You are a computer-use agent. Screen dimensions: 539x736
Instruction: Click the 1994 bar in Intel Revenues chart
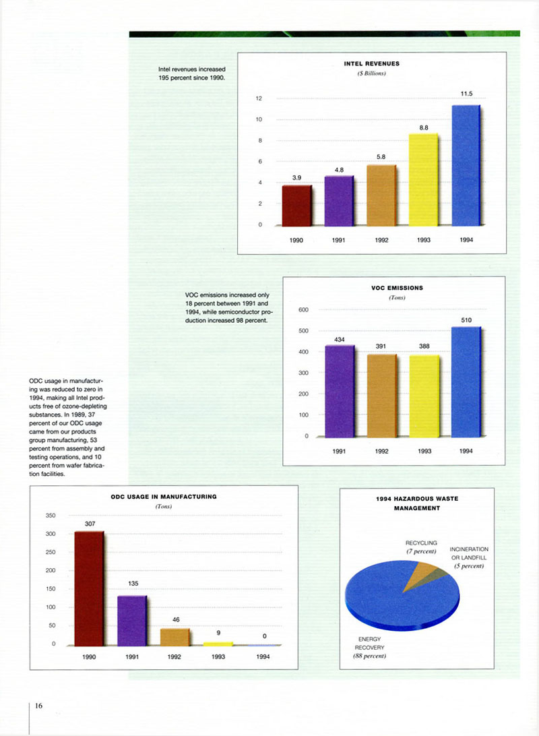tap(466, 165)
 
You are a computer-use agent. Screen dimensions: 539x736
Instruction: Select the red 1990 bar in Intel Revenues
tap(297, 206)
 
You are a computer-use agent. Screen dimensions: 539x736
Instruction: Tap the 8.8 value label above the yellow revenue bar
tap(424, 127)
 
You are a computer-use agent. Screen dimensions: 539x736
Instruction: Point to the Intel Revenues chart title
tap(371, 63)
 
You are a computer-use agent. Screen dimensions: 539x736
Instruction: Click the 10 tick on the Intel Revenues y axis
tap(259, 119)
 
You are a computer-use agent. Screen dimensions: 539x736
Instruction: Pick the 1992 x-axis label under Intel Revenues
tap(381, 240)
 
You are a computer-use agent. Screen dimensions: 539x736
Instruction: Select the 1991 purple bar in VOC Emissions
tap(340, 391)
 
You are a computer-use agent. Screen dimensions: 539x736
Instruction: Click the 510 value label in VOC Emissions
tap(466, 320)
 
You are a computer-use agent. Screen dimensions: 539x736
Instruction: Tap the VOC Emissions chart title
tap(397, 288)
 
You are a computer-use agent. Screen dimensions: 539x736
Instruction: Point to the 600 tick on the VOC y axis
tap(303, 310)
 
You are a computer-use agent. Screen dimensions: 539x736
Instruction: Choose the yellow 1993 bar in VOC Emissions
tap(424, 396)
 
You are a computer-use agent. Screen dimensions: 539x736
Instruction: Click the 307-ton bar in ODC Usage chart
tap(89, 588)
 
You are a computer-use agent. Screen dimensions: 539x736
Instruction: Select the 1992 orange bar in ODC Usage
tap(175, 638)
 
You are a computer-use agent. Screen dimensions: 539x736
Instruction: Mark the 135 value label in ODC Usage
tap(133, 584)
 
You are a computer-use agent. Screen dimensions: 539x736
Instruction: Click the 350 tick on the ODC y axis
tap(50, 516)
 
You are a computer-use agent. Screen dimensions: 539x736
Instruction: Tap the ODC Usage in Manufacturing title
tap(164, 497)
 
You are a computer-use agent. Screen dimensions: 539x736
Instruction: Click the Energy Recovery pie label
tap(370, 647)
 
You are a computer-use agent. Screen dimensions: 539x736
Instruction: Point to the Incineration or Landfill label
tap(469, 557)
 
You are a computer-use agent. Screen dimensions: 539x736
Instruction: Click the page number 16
tap(38, 706)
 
